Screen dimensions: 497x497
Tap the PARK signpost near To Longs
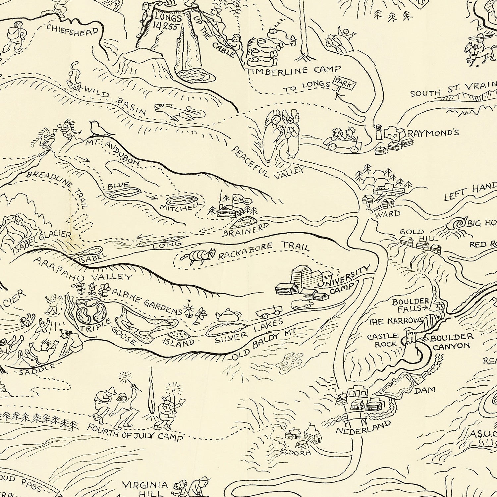[344, 84]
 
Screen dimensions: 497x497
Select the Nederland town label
[363, 428]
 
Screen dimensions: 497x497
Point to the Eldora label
[296, 452]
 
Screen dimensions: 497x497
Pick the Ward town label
[387, 214]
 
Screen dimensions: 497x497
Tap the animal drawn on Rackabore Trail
[198, 257]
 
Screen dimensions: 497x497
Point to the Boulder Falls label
[406, 305]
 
